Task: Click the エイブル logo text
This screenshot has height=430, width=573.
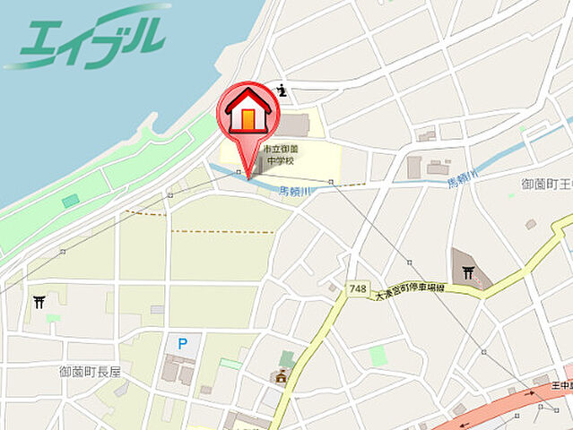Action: click(90, 38)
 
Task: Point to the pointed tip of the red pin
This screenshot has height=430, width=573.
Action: click(248, 167)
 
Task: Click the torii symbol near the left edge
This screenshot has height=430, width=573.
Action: click(39, 302)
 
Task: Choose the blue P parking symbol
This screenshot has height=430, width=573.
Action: click(183, 343)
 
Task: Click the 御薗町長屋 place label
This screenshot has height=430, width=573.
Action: click(90, 371)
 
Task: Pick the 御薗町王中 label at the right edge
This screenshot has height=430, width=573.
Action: click(546, 185)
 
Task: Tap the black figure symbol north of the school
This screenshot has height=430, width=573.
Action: click(282, 90)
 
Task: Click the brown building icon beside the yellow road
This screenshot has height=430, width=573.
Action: click(281, 377)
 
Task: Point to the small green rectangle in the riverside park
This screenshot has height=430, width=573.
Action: click(70, 201)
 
